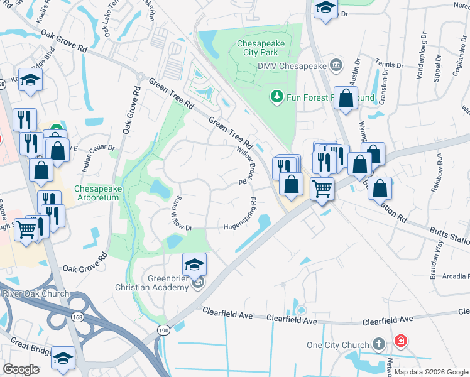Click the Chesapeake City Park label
(260, 48)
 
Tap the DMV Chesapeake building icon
(336, 65)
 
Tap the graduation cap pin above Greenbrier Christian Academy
(195, 264)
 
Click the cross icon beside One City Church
(378, 344)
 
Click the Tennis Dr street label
(389, 65)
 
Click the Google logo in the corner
(21, 369)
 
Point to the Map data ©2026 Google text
(431, 372)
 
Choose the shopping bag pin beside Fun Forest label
(346, 98)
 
